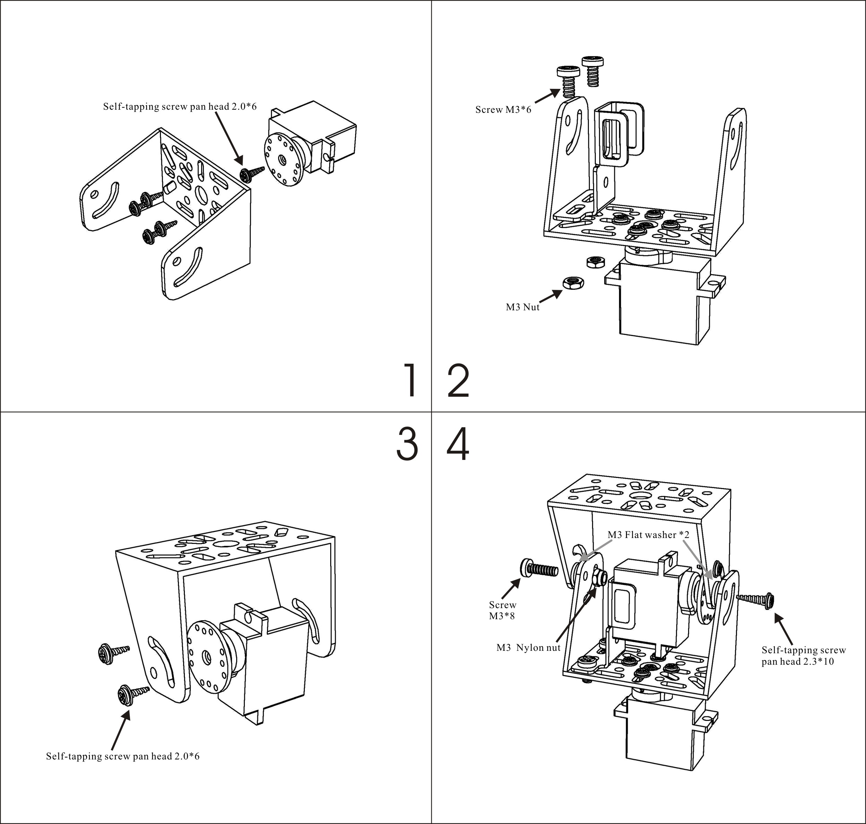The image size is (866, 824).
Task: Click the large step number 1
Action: click(x=410, y=380)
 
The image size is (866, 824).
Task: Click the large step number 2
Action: click(x=458, y=380)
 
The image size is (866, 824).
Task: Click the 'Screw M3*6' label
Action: click(x=503, y=109)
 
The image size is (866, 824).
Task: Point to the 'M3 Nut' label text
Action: click(x=522, y=307)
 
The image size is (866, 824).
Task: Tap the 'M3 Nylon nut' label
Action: click(x=528, y=647)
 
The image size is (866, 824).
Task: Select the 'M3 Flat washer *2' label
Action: click(x=648, y=535)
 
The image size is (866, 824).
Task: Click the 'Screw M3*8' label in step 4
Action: click(x=502, y=610)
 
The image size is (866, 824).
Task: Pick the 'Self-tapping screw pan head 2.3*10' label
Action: click(x=803, y=655)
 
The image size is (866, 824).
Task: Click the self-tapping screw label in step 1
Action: click(x=180, y=106)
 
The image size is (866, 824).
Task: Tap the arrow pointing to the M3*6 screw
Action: click(x=547, y=96)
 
